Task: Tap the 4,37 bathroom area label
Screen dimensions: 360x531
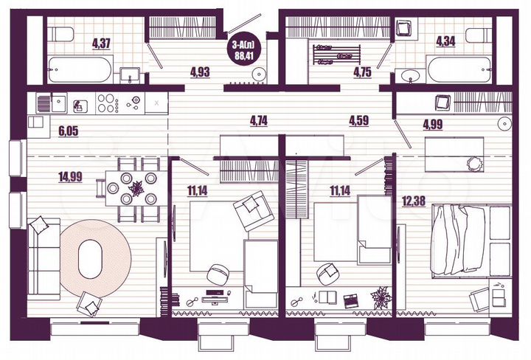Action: pos(103,43)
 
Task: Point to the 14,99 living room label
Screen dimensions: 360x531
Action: pos(69,176)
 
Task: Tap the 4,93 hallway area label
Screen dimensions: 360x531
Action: pos(200,72)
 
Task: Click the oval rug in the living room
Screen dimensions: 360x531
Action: pos(89,258)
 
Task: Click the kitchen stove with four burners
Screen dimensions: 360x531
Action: pos(107,103)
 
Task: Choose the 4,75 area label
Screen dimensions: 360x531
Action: pos(361,72)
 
